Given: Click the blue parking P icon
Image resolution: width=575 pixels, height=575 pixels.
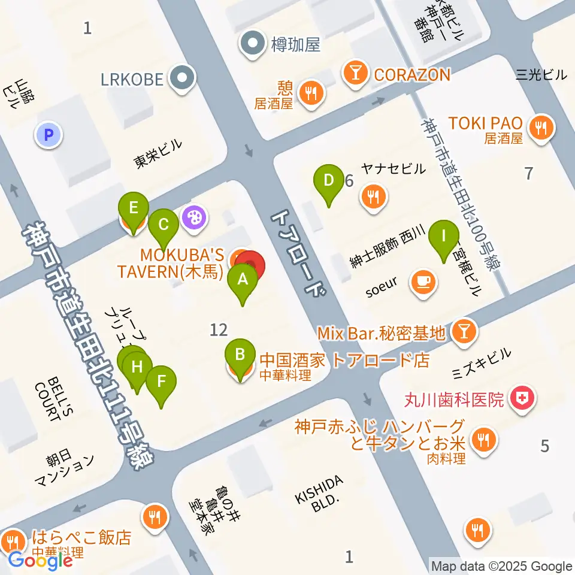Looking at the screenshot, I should (x=49, y=135).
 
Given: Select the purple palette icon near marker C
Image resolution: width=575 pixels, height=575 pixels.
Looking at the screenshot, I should (x=194, y=216).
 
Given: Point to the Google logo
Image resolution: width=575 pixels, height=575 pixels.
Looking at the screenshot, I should (x=40, y=561).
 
